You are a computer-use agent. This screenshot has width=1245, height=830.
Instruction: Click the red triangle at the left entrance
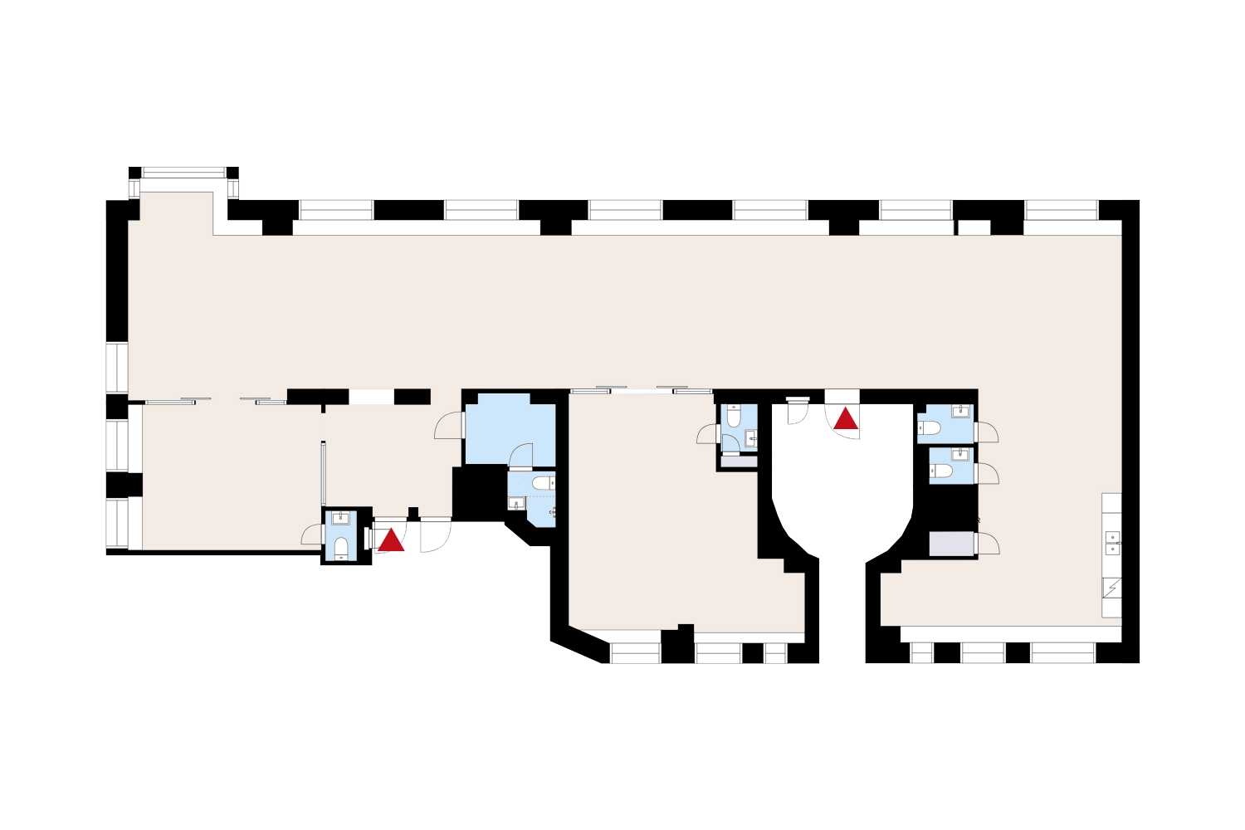point(391,541)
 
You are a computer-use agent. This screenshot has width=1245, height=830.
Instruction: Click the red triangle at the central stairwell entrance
point(846,418)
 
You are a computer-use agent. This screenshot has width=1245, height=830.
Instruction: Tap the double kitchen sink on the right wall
point(1112,543)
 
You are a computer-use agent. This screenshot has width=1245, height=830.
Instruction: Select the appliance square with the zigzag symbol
point(1111,588)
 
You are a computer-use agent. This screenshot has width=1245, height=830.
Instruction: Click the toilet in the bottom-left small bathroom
point(341,547)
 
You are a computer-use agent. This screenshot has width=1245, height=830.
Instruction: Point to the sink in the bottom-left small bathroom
point(341,519)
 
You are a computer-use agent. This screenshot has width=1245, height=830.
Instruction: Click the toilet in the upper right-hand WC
point(931,428)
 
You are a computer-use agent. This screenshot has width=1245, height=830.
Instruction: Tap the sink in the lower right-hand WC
point(961,454)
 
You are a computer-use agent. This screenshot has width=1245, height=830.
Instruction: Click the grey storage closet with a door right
point(951,544)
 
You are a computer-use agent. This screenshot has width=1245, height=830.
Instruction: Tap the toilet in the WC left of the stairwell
point(734,417)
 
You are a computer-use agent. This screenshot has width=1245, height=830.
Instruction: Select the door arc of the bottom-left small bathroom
point(311,534)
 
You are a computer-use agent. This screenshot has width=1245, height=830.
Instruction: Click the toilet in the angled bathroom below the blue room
point(542,482)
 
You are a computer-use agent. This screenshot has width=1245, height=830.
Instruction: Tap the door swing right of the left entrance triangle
point(434,535)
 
